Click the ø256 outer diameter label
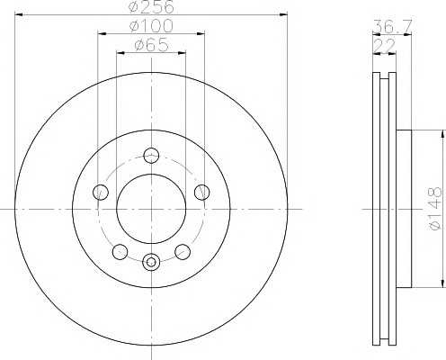[152, 6]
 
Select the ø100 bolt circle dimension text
[151, 26]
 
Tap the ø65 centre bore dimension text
[151, 45]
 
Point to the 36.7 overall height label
[392, 26]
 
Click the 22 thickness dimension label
[385, 46]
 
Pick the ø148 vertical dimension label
[435, 208]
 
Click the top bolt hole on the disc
[151, 156]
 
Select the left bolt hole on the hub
[101, 193]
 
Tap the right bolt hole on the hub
[202, 193]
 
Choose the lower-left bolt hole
[120, 251]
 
